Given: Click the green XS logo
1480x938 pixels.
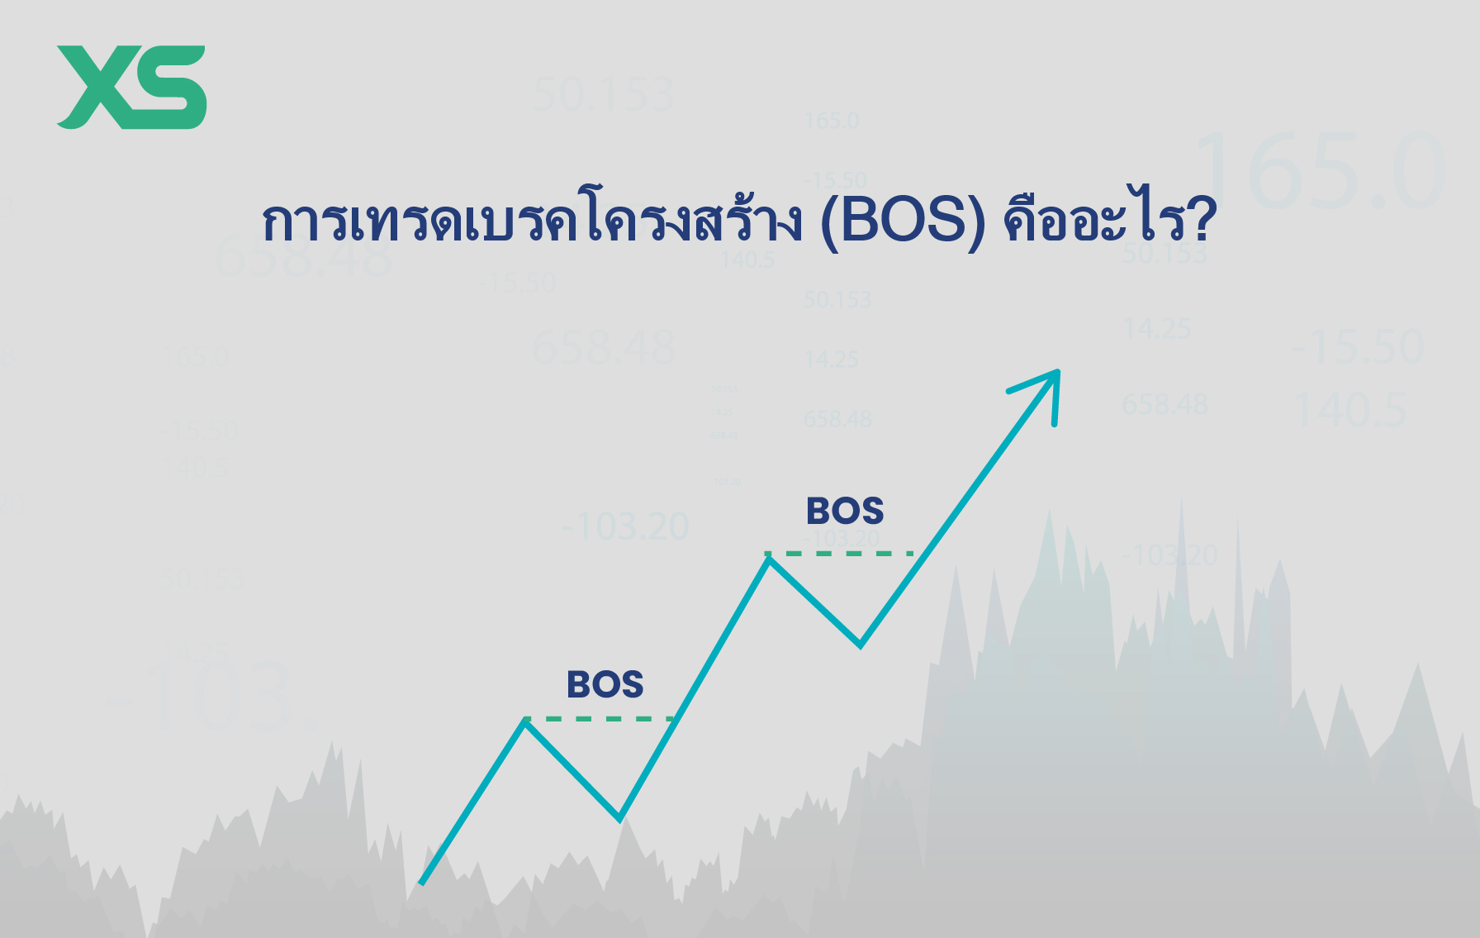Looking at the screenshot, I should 131,87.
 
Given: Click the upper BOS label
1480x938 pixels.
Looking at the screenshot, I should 845,512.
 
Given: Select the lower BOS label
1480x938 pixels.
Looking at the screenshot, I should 605,685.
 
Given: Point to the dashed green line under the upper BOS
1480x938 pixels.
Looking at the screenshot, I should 839,553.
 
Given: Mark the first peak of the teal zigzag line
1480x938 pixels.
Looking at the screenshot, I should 525,722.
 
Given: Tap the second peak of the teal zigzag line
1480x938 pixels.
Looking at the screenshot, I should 769,559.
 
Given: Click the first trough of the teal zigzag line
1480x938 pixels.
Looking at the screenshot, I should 619,818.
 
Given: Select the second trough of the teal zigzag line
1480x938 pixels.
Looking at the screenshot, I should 860,645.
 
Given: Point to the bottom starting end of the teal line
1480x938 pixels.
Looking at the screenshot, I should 423,882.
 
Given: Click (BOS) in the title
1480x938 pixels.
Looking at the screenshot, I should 903,221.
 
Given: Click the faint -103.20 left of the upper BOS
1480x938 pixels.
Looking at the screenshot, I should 626,526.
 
